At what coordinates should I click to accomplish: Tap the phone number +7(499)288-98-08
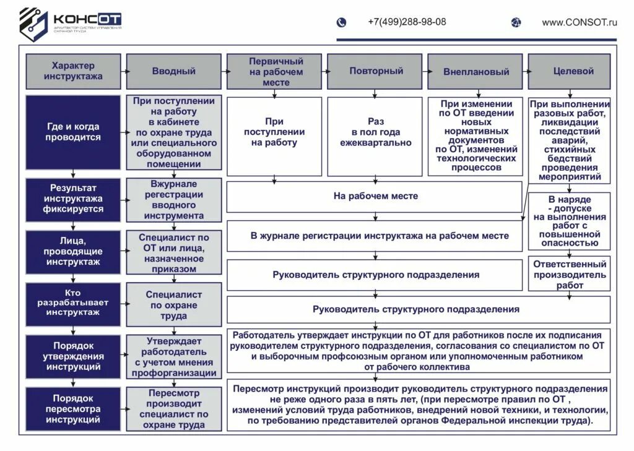tap(406, 22)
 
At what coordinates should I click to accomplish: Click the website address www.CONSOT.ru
tap(580, 22)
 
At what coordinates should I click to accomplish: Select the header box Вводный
tap(173, 72)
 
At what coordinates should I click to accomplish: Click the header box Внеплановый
tap(475, 72)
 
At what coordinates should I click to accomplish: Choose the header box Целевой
tap(573, 72)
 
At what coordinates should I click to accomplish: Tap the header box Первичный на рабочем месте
tap(276, 72)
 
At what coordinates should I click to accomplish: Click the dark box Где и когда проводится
tap(72, 132)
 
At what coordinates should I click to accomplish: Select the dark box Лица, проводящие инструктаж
tap(72, 252)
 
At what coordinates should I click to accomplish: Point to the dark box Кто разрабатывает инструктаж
tap(72, 303)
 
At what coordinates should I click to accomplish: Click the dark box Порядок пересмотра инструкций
tap(72, 409)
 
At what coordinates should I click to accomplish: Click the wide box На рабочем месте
tap(375, 197)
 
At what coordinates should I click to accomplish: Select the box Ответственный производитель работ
tap(570, 274)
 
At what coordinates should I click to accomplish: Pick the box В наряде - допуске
tap(570, 221)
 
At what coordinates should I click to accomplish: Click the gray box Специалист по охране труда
tap(173, 305)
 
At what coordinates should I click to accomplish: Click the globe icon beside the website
tap(516, 22)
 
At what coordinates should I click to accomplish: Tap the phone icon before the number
tap(341, 22)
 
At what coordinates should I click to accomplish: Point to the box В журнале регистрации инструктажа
tap(375, 236)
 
